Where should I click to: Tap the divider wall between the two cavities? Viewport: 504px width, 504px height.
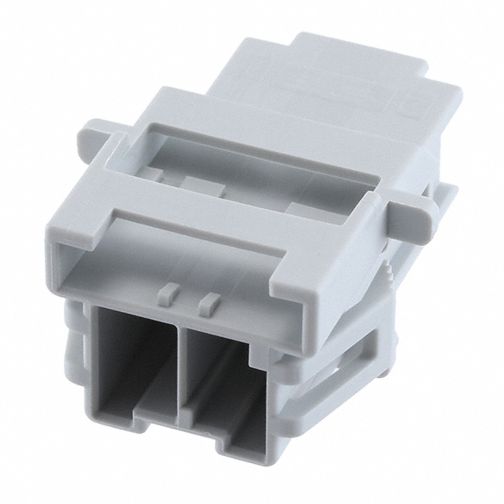(x=180, y=370)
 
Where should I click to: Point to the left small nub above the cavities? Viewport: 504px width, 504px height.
(x=168, y=292)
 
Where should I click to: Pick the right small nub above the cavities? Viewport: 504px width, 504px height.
(x=209, y=300)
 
